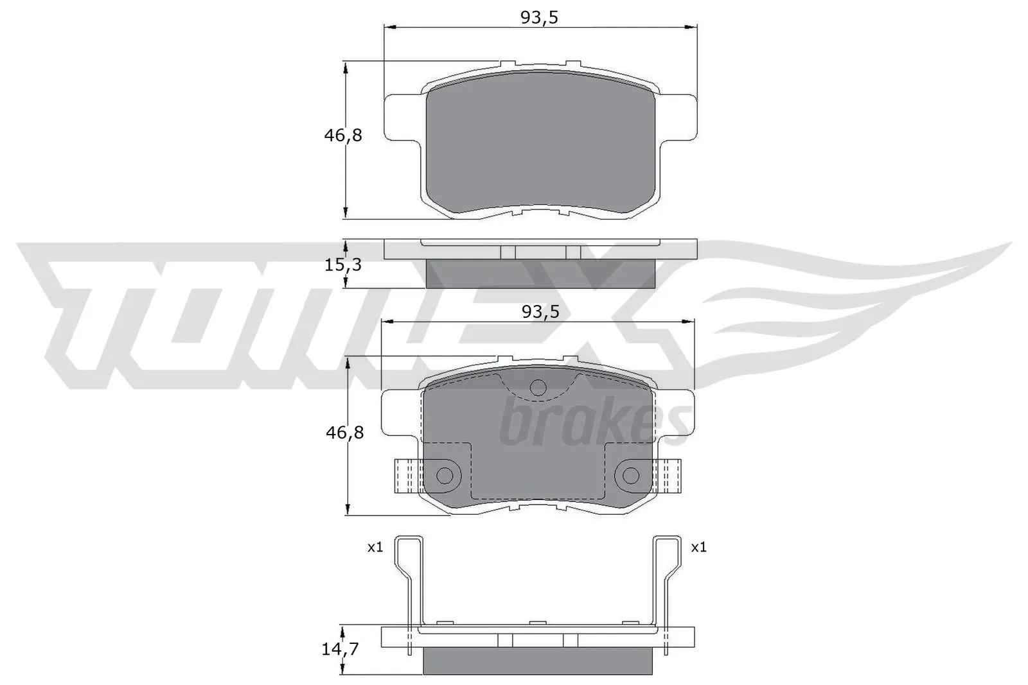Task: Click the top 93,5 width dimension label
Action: point(539,17)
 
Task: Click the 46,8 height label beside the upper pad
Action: point(343,135)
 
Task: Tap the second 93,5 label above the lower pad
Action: point(540,312)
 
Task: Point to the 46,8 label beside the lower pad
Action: point(344,433)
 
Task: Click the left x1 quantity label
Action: point(375,548)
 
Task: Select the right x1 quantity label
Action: point(698,548)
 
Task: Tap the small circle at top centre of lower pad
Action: point(538,387)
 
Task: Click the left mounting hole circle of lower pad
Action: point(445,476)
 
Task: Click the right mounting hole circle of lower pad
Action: point(631,476)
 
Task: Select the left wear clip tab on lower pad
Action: point(406,476)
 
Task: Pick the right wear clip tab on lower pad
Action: point(669,476)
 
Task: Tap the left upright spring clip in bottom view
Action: point(410,578)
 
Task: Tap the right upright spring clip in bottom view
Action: point(666,578)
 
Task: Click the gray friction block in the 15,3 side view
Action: point(540,274)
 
